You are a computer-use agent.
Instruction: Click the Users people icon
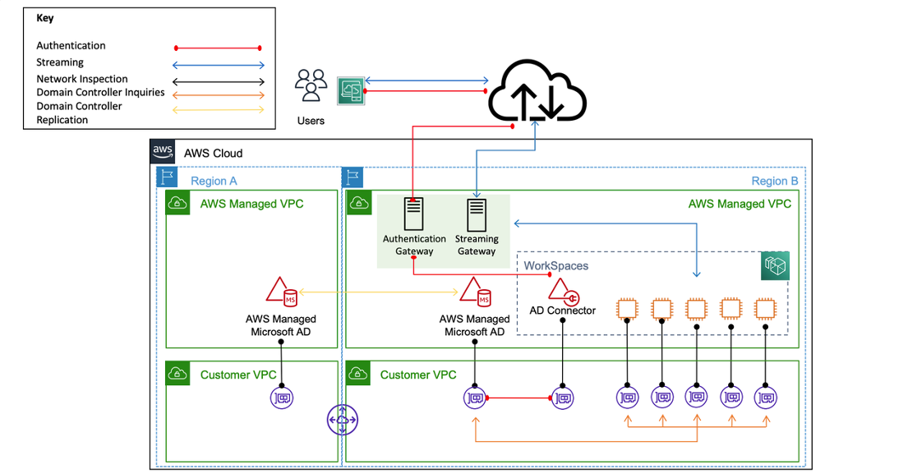point(311,86)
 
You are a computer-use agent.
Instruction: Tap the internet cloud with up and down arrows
point(537,93)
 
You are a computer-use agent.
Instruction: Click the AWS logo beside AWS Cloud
point(163,152)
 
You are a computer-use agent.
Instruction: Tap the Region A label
point(214,182)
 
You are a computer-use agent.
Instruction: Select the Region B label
point(774,182)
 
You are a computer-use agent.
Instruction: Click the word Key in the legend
point(45,17)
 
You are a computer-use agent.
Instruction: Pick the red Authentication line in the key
point(217,48)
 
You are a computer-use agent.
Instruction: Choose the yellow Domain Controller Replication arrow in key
point(217,109)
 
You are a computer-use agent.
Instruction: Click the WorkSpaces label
point(556,266)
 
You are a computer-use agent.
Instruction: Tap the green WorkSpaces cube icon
point(774,265)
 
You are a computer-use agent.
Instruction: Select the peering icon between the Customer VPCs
point(342,421)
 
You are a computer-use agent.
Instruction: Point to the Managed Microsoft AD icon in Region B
point(476,292)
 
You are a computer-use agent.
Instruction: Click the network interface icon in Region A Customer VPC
point(281,398)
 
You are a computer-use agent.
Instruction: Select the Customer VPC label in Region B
point(417,375)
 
